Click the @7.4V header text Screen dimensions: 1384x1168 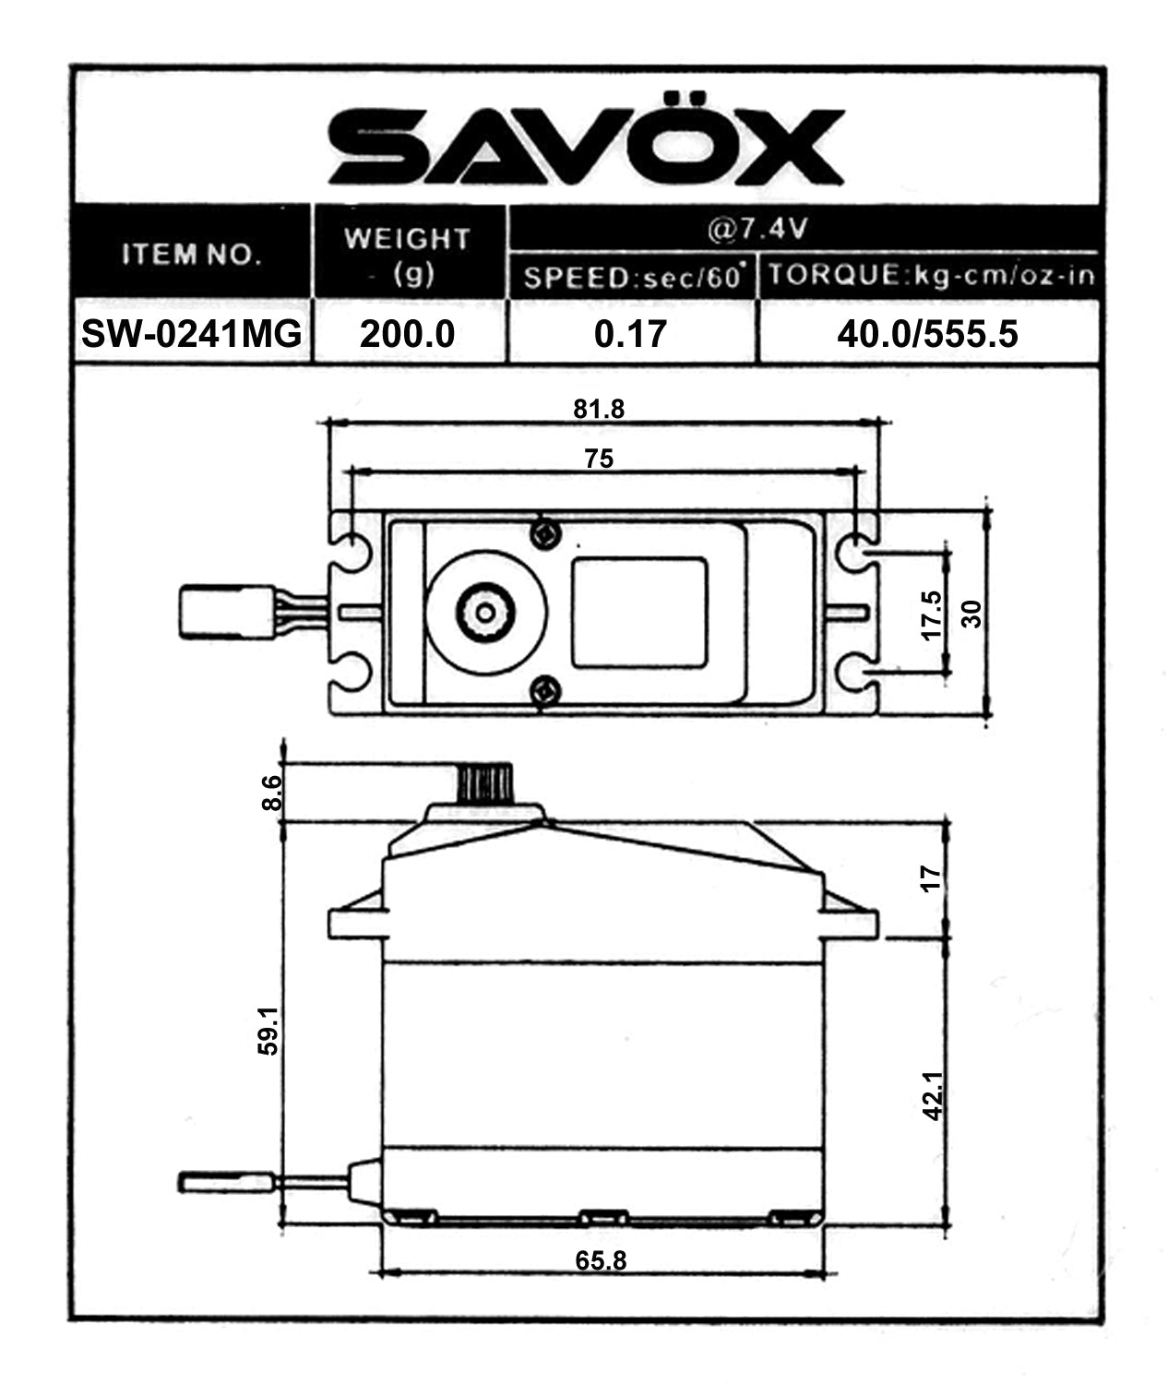(757, 228)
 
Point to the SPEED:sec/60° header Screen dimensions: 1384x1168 (633, 277)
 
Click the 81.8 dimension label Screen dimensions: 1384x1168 (599, 409)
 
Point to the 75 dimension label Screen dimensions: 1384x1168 (599, 458)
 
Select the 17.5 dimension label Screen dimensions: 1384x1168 (932, 614)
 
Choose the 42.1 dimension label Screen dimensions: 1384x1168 (933, 1095)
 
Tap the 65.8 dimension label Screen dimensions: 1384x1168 (601, 1260)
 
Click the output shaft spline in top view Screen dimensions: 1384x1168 (485, 610)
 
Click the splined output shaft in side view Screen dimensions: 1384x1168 (483, 783)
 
